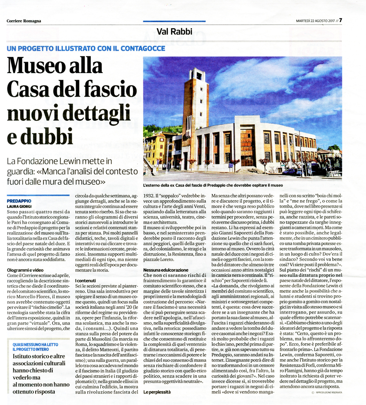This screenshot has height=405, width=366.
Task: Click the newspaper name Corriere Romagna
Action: click(24, 21)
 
